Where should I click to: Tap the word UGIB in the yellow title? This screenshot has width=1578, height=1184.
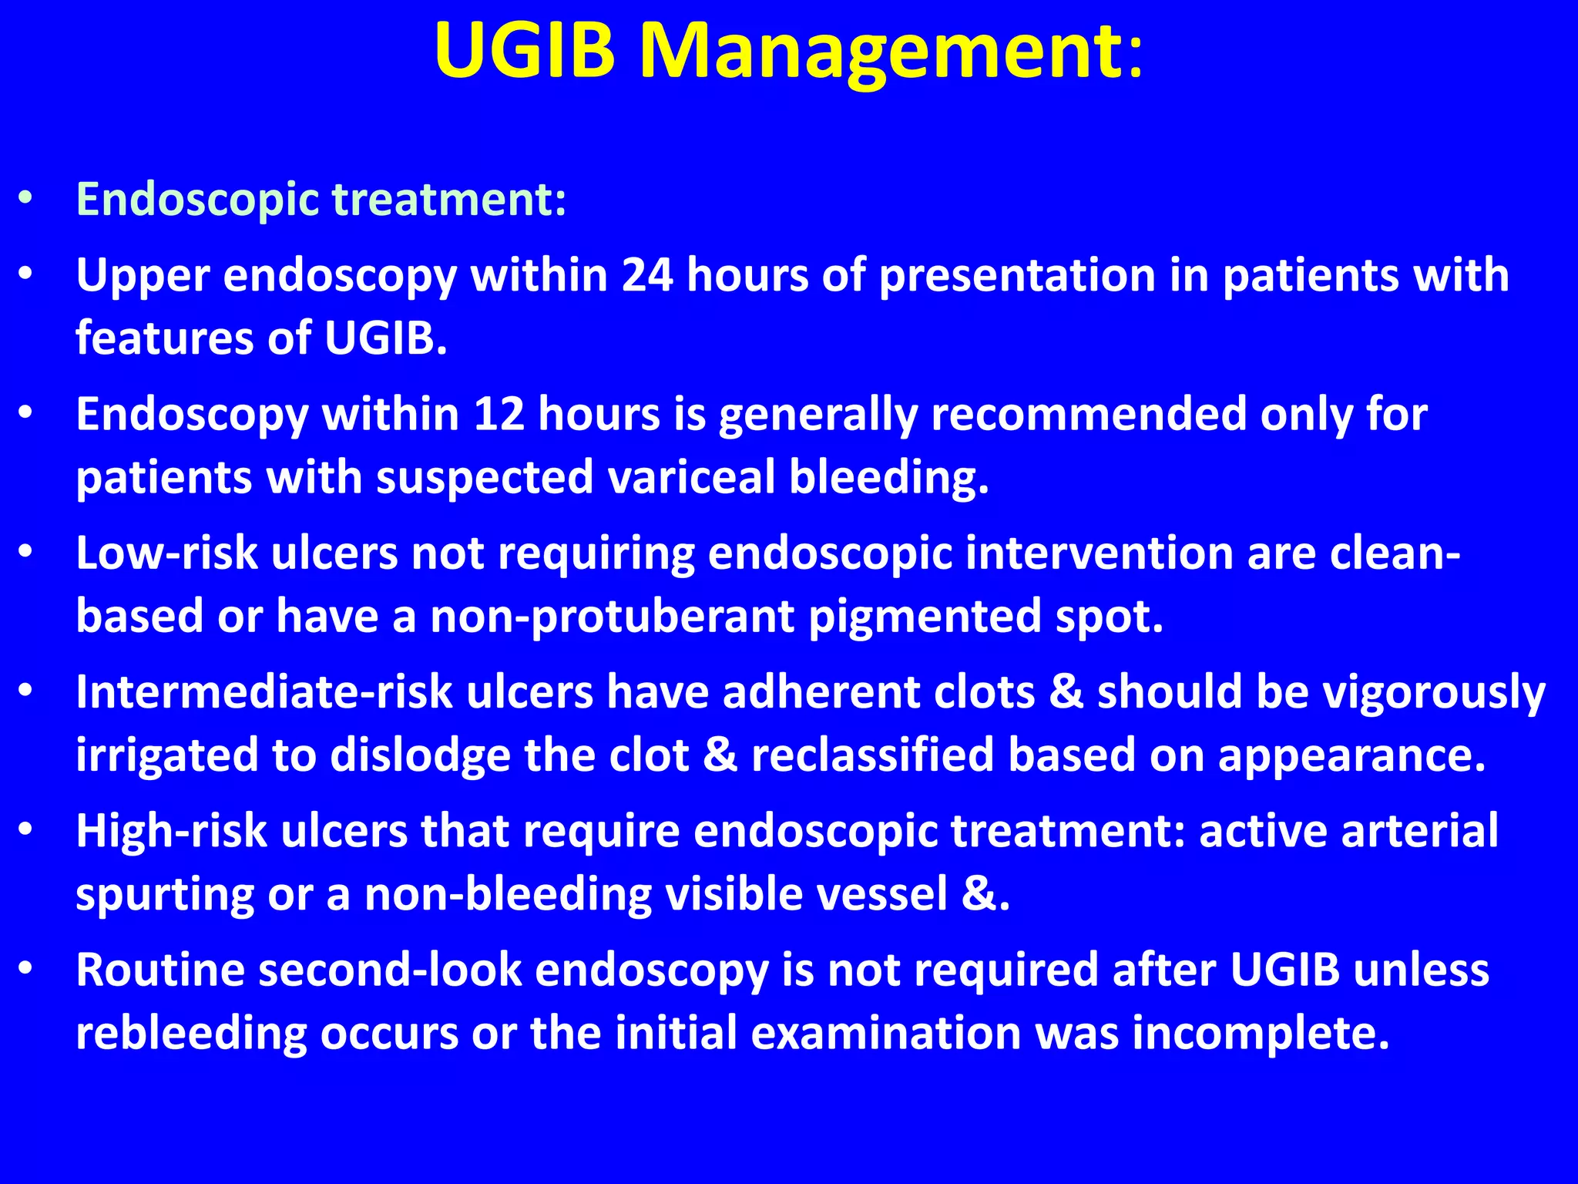pyautogui.click(x=525, y=52)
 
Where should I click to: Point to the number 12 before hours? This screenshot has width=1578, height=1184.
pyautogui.click(x=499, y=414)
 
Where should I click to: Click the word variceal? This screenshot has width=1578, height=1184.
pyautogui.click(x=691, y=477)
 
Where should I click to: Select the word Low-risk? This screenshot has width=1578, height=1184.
pyautogui.click(x=166, y=553)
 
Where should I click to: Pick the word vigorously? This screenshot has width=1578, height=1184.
pyautogui.click(x=1433, y=692)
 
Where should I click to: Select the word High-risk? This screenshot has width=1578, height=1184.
pyautogui.click(x=171, y=831)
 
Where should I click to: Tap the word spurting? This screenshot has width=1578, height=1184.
pyautogui.click(x=164, y=895)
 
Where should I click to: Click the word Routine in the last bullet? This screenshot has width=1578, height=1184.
pyautogui.click(x=160, y=970)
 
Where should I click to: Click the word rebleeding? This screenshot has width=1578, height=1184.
pyautogui.click(x=191, y=1034)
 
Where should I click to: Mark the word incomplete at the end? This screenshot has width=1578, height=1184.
pyautogui.click(x=1260, y=1034)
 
